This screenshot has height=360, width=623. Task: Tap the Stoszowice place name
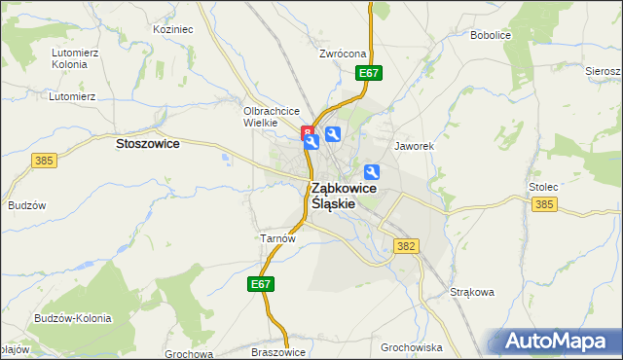pos(147,143)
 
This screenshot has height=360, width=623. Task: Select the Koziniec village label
pos(173,29)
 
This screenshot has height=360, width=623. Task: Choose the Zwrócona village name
pos(342,54)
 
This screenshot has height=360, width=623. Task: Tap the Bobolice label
pos(491,35)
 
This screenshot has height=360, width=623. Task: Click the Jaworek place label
pos(413,146)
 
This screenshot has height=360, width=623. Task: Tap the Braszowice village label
pos(278,352)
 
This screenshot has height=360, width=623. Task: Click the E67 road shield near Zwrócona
pos(369,73)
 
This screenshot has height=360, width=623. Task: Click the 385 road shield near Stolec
pos(544,204)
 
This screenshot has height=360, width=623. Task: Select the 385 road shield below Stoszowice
pos(43,161)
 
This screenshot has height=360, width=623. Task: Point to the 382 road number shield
pos(406,247)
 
